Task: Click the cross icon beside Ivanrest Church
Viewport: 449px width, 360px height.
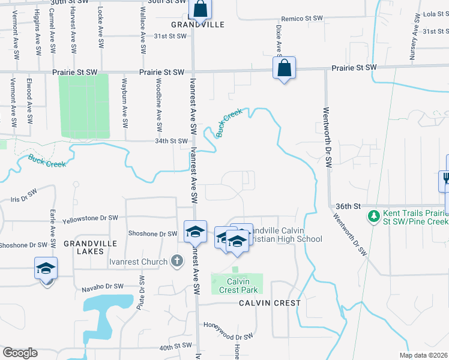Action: coord(176,261)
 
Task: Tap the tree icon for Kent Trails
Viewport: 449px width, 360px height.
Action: coord(373,215)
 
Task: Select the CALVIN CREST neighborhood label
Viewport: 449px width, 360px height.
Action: coord(270,303)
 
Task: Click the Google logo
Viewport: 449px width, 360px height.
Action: coord(20,352)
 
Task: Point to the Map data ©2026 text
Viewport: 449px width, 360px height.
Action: coord(423,355)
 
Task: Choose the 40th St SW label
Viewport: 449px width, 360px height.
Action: coord(175,346)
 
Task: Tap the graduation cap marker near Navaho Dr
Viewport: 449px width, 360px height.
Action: coord(46,270)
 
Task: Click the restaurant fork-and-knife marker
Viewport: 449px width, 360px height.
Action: coord(446,178)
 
